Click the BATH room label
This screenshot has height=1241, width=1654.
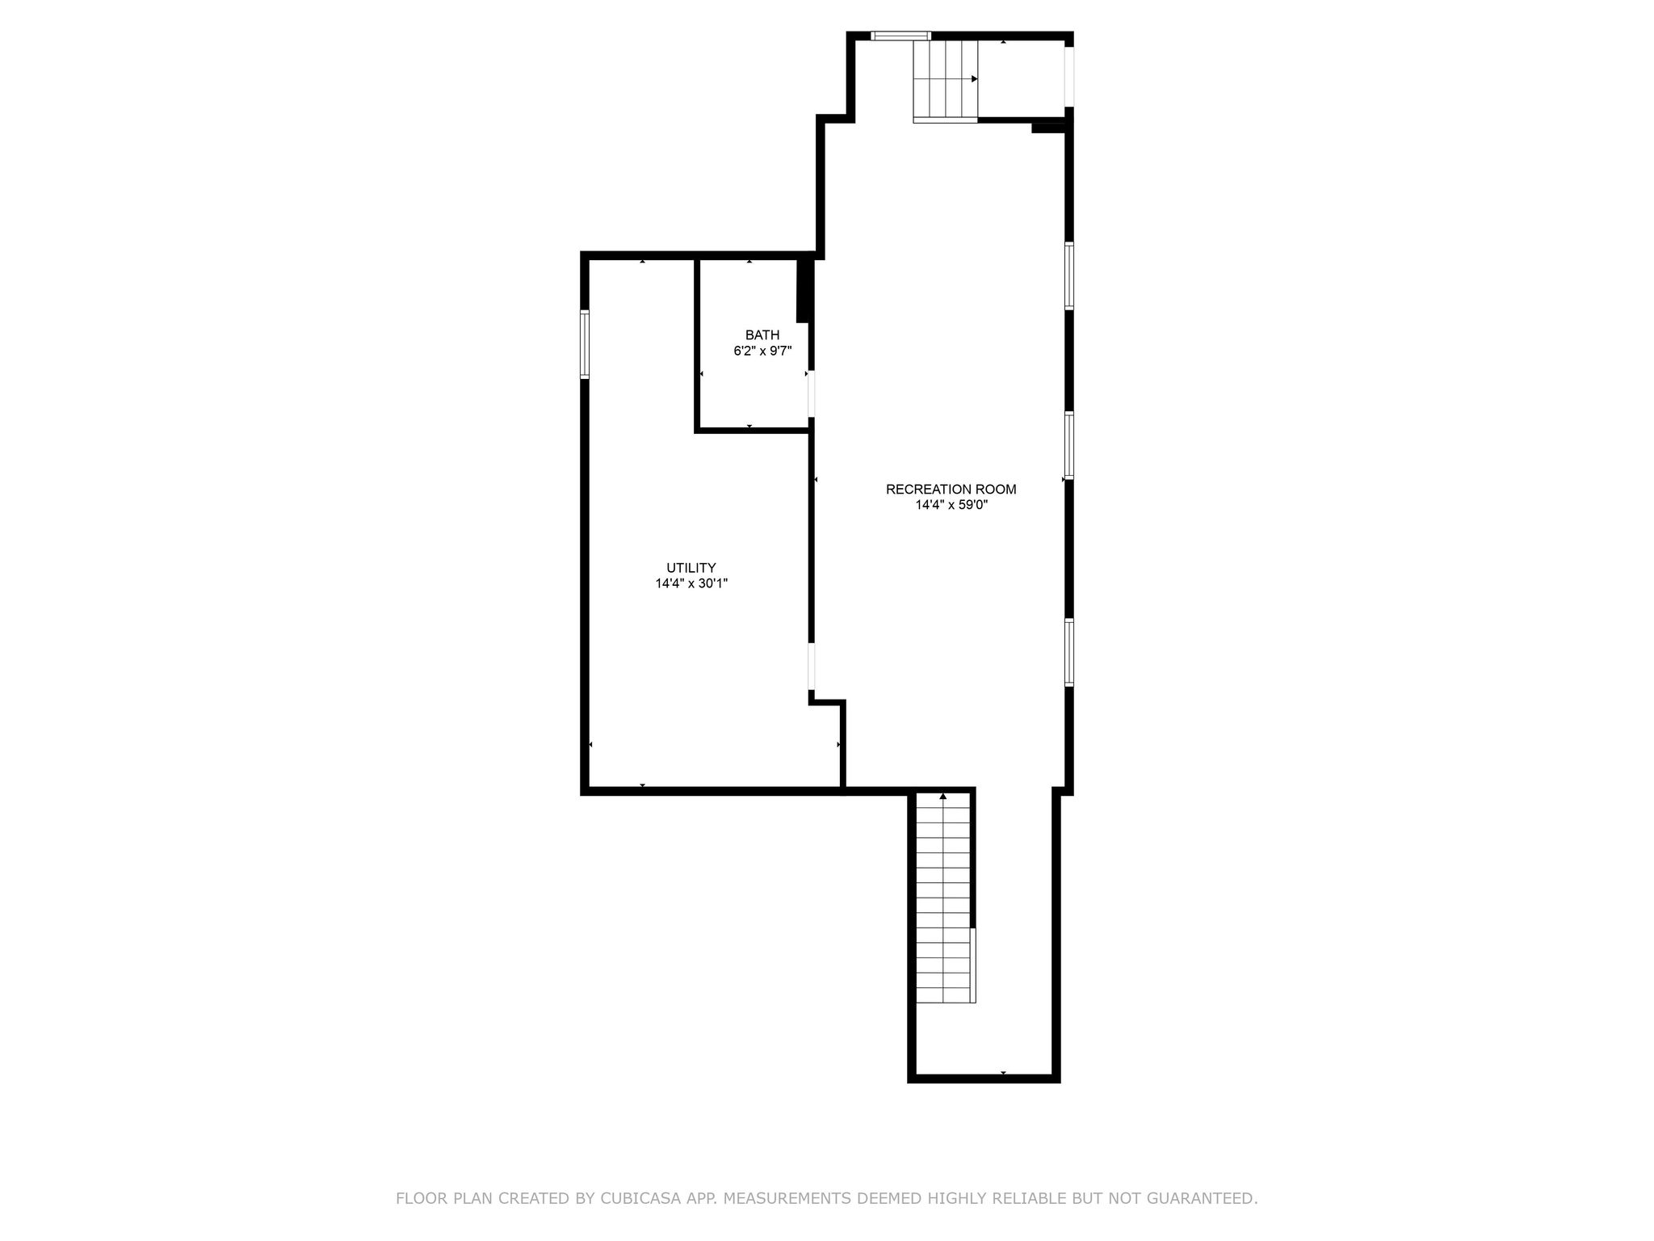[x=762, y=335]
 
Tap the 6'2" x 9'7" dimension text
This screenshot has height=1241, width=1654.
[x=762, y=351]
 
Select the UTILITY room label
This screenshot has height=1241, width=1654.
[x=691, y=568]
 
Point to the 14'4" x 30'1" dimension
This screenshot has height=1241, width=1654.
[x=691, y=583]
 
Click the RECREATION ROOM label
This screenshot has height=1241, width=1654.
[x=951, y=490]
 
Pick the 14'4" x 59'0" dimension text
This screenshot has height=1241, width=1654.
[x=951, y=506]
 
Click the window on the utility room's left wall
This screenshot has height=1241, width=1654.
[x=585, y=345]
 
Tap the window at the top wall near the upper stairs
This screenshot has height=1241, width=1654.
[x=900, y=36]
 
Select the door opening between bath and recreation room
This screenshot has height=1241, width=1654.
[x=812, y=393]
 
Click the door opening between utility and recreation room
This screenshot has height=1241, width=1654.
[x=812, y=667]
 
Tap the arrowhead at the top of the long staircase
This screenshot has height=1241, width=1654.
[x=943, y=797]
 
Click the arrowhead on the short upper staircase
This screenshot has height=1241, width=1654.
[x=975, y=79]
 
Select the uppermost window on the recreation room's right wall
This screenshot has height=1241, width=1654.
[x=1069, y=276]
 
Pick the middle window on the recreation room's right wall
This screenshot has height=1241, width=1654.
[x=1069, y=445]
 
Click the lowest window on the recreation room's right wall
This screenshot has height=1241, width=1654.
[x=1069, y=652]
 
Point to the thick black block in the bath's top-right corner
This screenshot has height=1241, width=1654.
[x=804, y=289]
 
